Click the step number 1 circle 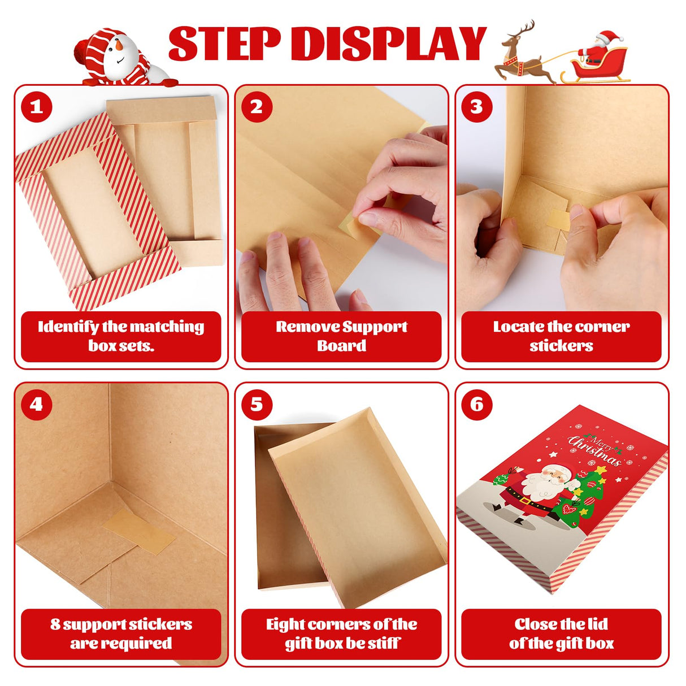coord(37,107)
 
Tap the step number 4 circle coord(37,405)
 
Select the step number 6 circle coord(477,405)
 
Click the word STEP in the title coord(224,44)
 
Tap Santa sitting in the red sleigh coord(599,48)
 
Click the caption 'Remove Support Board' coord(341,336)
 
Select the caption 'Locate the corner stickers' coord(561,336)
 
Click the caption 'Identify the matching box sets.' coord(121,336)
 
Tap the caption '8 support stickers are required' coord(121,633)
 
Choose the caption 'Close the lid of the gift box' coord(561,633)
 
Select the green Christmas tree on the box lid coord(582,492)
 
